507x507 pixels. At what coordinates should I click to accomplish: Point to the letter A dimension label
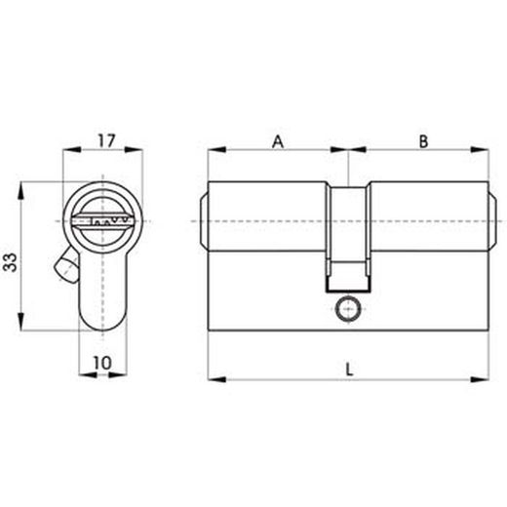[277, 141]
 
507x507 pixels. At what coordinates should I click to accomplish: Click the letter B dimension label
[422, 141]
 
